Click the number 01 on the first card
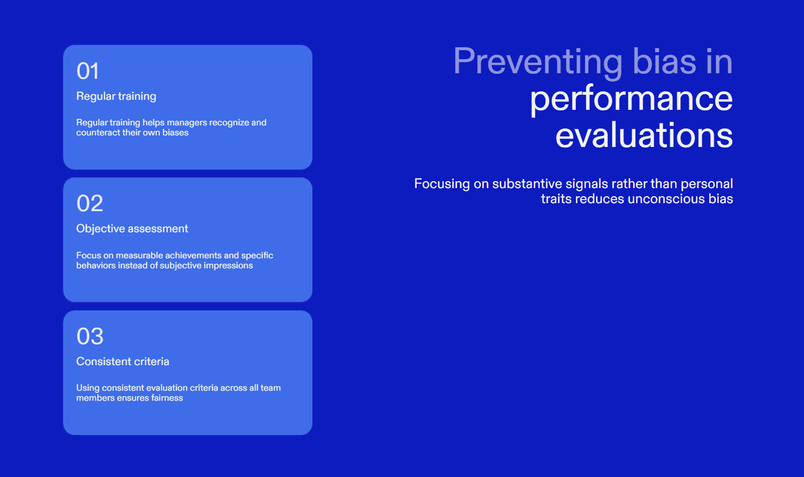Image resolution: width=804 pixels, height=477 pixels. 87,71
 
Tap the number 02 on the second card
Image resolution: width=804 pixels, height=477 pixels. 90,203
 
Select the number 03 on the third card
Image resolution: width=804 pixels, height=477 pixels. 90,336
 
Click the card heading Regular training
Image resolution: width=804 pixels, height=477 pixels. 116,96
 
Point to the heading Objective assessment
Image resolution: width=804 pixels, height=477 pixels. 132,229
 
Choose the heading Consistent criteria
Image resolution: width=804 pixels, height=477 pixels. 123,361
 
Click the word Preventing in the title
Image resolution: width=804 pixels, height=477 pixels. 538,62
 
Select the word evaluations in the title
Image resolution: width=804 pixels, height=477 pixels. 644,135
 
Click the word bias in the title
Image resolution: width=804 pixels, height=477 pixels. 664,61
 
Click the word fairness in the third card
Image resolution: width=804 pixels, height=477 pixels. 167,398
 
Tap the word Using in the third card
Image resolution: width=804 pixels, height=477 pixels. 88,388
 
